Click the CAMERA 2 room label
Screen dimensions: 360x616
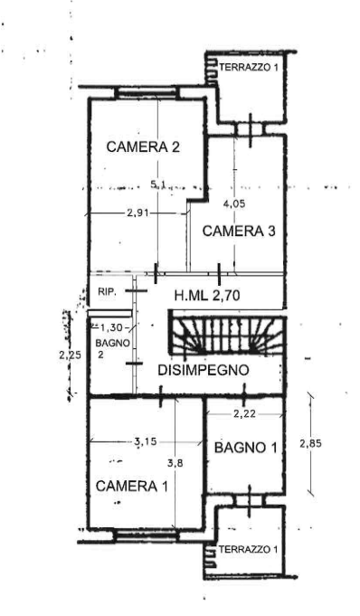[x=143, y=147]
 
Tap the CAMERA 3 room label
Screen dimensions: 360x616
[x=239, y=231]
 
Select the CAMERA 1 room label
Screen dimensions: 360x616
[x=132, y=486]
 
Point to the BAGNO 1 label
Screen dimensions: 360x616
[x=246, y=447]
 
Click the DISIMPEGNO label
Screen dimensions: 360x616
[x=204, y=370]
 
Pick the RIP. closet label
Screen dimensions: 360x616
[x=107, y=292]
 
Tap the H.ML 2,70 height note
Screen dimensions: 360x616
[x=207, y=296]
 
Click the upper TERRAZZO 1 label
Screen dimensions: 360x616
[x=249, y=67]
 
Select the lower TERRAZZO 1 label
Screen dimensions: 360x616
[x=249, y=549]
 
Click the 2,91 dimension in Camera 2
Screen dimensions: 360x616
[x=136, y=213]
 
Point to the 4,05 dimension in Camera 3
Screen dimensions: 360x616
[x=234, y=204]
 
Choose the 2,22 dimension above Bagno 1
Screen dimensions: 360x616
[x=244, y=413]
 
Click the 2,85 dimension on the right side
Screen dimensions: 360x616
[x=310, y=443]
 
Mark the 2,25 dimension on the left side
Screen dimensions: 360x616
[x=70, y=355]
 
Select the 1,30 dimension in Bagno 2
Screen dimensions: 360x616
[x=111, y=327]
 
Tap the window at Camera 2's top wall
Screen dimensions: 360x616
[x=147, y=92]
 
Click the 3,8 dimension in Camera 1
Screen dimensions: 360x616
[x=175, y=463]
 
